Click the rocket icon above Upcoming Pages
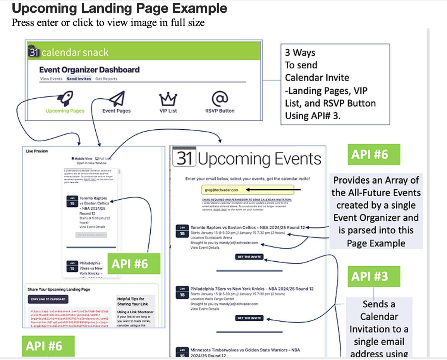(65, 99)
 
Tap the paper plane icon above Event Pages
(117, 99)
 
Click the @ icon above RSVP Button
(220, 99)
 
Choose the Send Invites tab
(79, 79)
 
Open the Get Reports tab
(106, 79)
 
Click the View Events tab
(51, 79)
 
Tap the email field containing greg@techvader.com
(248, 190)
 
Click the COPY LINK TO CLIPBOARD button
(48, 299)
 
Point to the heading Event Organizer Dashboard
(89, 70)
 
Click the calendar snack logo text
(75, 53)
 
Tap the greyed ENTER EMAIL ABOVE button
(91, 235)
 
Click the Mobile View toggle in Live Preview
(82, 159)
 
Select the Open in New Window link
(91, 163)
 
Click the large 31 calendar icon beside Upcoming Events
(184, 158)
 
